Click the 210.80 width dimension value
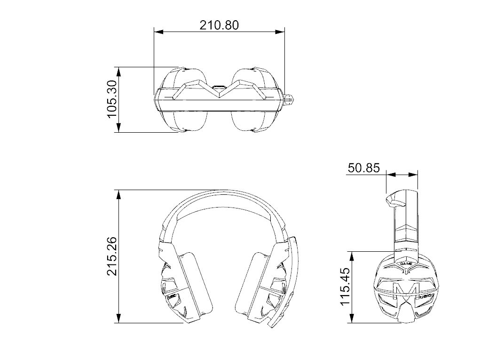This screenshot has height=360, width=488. [219, 24]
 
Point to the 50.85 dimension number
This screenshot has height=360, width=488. [363, 168]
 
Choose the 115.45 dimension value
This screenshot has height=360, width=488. [347, 288]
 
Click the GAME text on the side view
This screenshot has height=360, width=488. [406, 264]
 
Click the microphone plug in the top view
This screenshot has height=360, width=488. [290, 100]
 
